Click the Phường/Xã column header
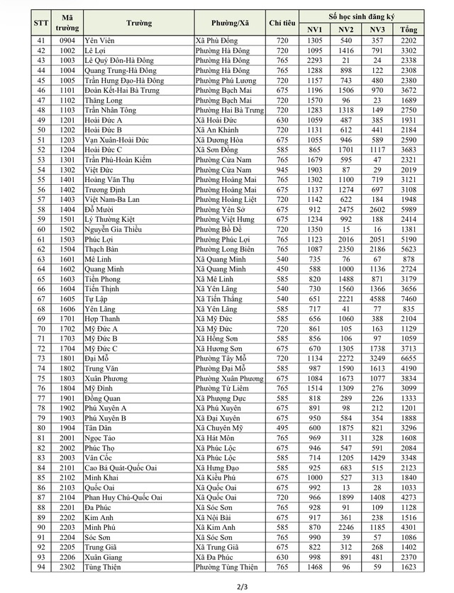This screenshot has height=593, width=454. tap(230, 23)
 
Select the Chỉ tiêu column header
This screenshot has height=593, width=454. tap(282, 23)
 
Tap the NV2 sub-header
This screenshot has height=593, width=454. tap(346, 30)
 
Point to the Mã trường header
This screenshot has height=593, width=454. tap(67, 23)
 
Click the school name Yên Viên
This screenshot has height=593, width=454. tap(99, 41)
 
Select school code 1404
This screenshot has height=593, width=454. tap(67, 210)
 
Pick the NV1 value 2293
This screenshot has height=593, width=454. tap(315, 61)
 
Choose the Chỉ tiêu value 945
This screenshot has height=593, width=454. tap(282, 170)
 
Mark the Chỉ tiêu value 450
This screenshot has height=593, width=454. tap(282, 269)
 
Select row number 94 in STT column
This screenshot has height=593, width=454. tap(40, 567)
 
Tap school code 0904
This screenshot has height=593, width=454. tap(67, 41)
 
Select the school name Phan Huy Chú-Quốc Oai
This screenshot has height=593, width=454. tap(125, 497)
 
